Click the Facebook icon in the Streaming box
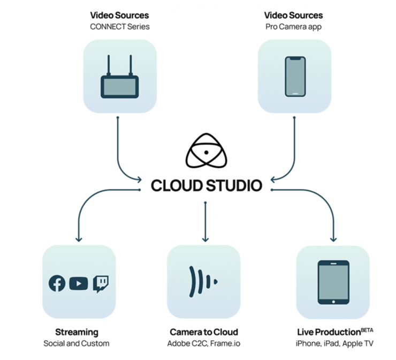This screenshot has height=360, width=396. click(x=57, y=283)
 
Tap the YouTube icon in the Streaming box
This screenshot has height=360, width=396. click(x=78, y=283)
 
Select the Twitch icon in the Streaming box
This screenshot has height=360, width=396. click(x=101, y=283)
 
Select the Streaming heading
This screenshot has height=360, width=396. click(x=77, y=332)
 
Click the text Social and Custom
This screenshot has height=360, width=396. click(x=77, y=343)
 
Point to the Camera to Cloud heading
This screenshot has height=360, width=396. click(x=204, y=332)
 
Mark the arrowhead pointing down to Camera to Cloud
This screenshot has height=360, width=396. click(x=204, y=239)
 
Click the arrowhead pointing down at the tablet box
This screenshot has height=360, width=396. click(x=334, y=239)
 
